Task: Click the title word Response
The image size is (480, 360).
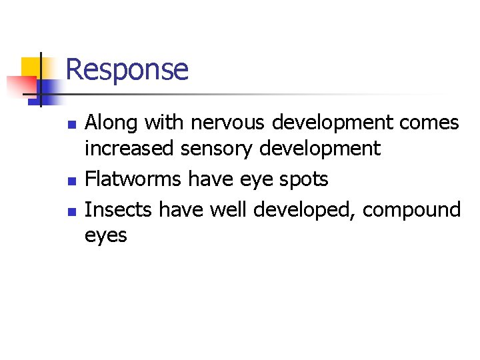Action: coord(127,69)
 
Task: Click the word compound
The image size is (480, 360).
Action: coord(412,209)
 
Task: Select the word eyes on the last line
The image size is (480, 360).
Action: coord(105,235)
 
